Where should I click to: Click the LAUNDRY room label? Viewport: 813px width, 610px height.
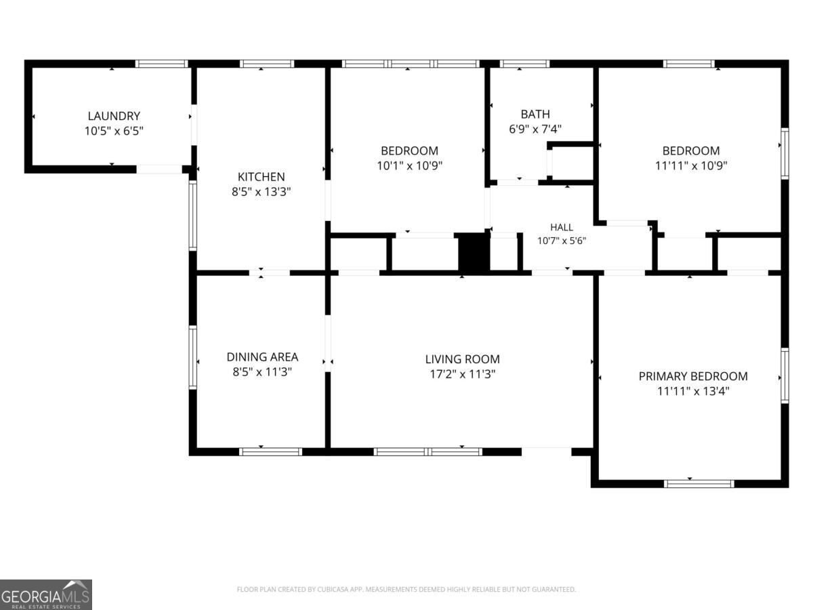click(x=114, y=116)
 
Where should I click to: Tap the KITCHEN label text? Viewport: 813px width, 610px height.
click(x=261, y=177)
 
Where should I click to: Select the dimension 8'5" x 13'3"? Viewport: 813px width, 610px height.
click(x=261, y=192)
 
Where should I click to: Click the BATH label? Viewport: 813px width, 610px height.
click(x=535, y=114)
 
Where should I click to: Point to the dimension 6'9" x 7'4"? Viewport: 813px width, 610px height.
click(x=535, y=129)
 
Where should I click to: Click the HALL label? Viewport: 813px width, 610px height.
click(x=562, y=227)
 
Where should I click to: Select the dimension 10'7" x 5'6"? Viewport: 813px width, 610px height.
click(x=562, y=241)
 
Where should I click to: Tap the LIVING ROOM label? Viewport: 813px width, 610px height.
click(x=462, y=359)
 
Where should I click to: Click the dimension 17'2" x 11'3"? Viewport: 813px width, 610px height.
click(x=462, y=374)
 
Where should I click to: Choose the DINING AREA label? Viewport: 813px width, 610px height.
click(x=262, y=357)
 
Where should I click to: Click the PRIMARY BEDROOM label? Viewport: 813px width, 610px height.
click(x=693, y=376)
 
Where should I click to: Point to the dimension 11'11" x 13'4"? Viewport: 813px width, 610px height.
click(x=693, y=391)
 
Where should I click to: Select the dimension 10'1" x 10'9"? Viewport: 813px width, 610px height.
click(x=410, y=165)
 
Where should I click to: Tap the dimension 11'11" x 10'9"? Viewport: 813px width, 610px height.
click(x=691, y=165)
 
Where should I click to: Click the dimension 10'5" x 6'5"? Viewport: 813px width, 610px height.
click(x=114, y=131)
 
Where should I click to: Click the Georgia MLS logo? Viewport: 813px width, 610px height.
click(x=46, y=594)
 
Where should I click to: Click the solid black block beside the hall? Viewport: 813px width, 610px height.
click(x=474, y=253)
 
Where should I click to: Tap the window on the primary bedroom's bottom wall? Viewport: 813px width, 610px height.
click(x=699, y=484)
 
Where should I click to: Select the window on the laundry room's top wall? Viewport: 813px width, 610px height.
click(x=161, y=64)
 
